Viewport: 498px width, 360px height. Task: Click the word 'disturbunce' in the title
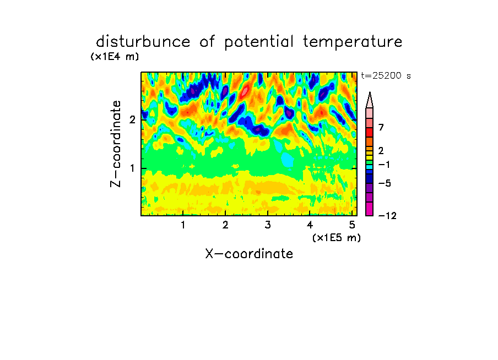[x=143, y=41]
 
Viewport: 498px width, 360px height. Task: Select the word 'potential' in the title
[x=258, y=42]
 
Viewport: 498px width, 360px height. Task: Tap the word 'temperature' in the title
[x=353, y=42]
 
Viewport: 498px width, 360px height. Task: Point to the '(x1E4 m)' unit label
[x=115, y=57]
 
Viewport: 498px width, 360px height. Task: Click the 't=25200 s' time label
[x=386, y=75]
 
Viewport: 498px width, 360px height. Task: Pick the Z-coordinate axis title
[x=116, y=144]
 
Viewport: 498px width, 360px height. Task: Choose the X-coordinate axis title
[x=249, y=254]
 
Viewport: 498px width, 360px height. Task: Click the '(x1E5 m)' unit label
[x=337, y=237]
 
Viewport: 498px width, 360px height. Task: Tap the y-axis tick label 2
[x=132, y=119]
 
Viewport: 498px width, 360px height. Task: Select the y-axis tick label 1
[x=132, y=168]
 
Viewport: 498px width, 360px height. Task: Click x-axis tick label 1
[x=183, y=225]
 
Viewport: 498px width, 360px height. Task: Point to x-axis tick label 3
[x=268, y=225]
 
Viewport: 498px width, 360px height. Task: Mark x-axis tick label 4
[x=310, y=225]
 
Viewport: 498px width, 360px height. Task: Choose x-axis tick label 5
[x=352, y=225]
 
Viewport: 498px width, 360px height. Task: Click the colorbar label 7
[x=381, y=127]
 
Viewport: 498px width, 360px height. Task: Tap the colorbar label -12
[x=387, y=216]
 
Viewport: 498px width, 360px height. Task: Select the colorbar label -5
[x=385, y=183]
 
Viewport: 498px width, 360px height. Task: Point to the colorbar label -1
[x=384, y=165]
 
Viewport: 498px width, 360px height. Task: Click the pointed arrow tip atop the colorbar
[x=370, y=92]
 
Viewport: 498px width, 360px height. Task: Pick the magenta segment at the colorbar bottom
[x=370, y=209]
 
